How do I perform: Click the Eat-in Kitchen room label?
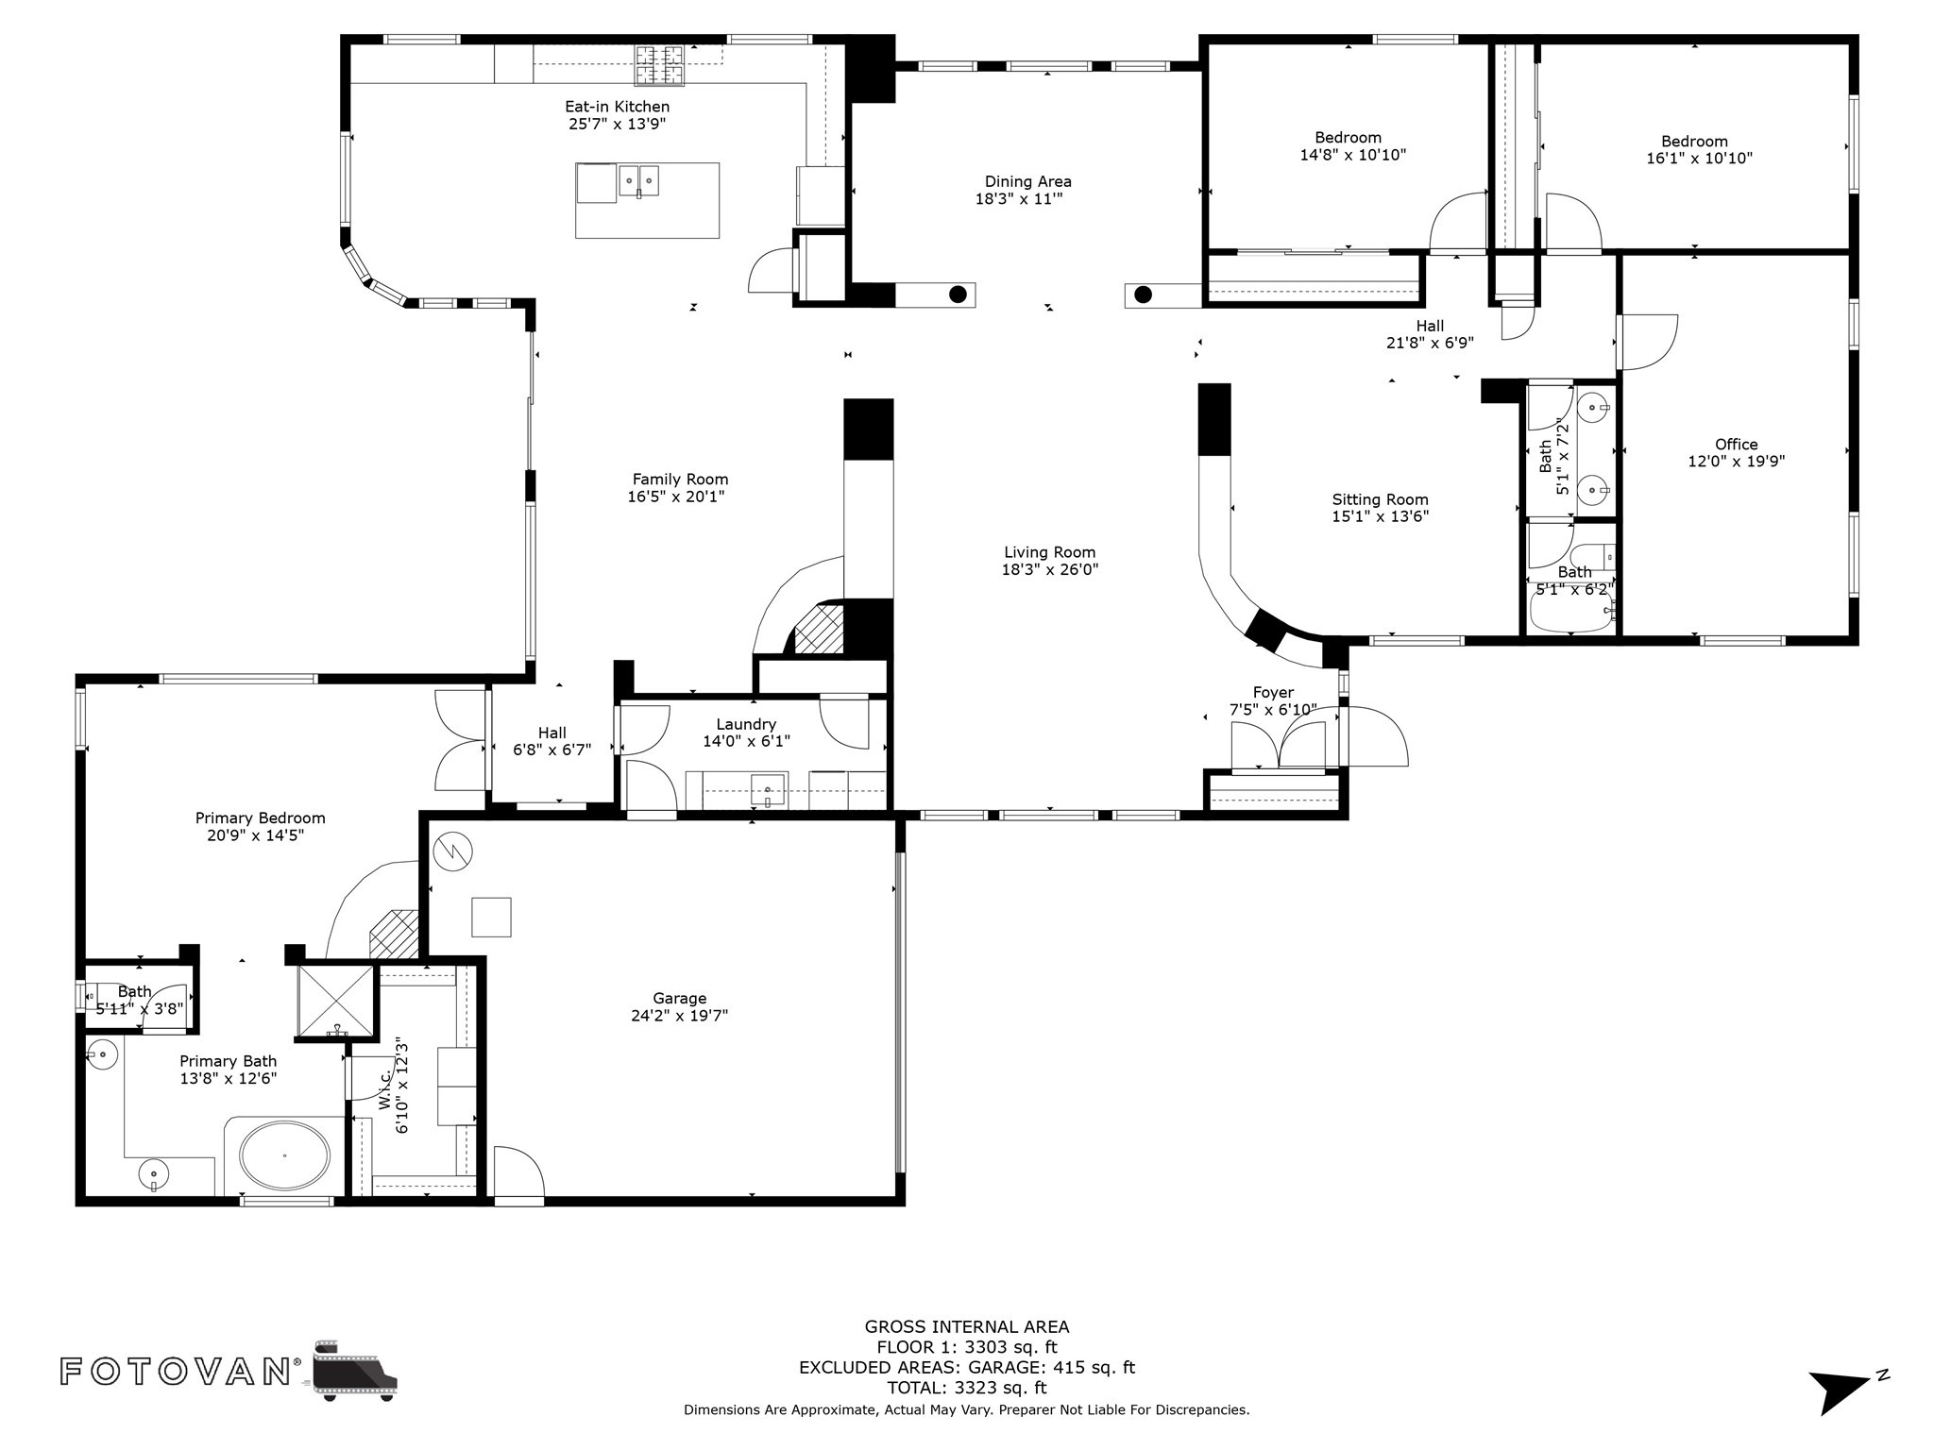point(617,107)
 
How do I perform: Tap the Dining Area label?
point(1027,181)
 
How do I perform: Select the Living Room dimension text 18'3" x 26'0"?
point(1049,569)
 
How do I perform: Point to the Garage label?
point(679,998)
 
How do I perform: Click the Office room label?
point(1736,445)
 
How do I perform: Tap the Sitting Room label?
point(1380,499)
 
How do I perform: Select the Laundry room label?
point(745,724)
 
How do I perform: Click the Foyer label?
point(1273,692)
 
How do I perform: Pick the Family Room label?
point(680,480)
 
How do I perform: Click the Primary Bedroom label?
point(260,818)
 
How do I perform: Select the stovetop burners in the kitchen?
point(659,65)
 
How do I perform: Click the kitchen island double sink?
point(638,180)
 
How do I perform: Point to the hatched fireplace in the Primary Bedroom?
point(394,934)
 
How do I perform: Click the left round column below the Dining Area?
point(958,294)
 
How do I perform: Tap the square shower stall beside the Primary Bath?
point(336,1002)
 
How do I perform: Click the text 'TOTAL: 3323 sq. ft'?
point(966,1388)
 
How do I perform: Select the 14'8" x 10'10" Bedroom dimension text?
point(1352,155)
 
